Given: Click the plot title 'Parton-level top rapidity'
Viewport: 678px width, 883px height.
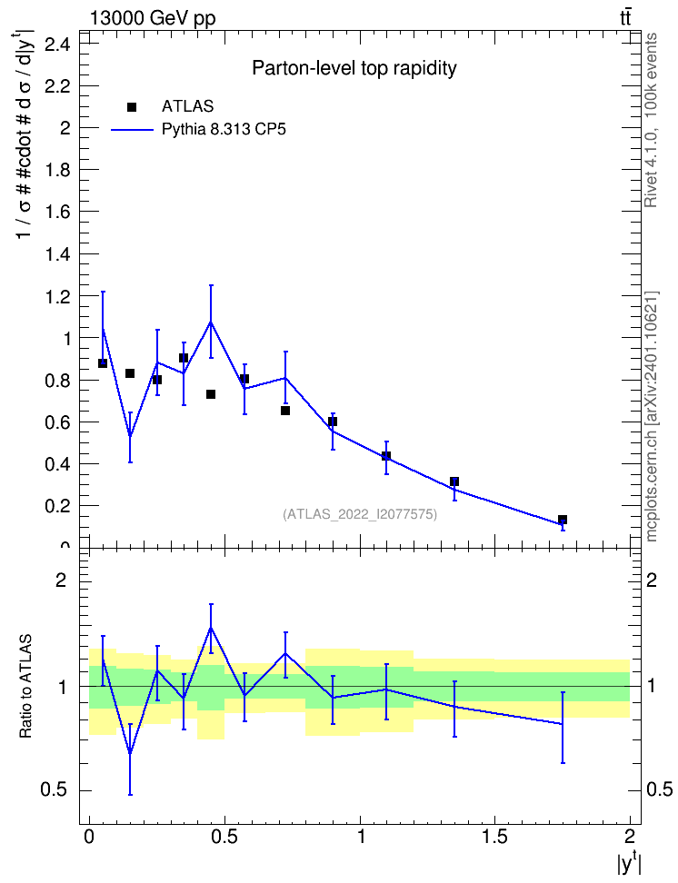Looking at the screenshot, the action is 354,69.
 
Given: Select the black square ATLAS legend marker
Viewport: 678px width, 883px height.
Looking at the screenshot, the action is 132,107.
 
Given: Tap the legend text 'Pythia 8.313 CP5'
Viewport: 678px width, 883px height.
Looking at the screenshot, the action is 224,130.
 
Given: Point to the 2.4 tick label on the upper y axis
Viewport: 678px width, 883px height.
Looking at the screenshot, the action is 57,44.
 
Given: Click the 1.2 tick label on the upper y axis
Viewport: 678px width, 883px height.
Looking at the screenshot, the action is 57,297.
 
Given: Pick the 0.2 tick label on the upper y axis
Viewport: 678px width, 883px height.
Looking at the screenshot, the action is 57,506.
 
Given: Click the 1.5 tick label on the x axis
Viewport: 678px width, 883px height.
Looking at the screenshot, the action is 494,836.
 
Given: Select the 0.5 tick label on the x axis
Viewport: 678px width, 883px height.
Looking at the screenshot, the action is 224,836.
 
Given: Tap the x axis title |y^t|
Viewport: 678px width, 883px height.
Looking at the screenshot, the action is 629,861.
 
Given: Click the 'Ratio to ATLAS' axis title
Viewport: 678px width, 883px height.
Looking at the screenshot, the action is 25,687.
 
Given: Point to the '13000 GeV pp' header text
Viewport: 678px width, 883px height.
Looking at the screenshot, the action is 153,18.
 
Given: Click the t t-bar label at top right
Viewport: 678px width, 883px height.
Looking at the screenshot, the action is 625,18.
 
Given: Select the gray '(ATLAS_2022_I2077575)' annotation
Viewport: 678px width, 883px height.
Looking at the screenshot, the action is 360,514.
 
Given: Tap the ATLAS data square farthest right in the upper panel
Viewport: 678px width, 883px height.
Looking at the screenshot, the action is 563,520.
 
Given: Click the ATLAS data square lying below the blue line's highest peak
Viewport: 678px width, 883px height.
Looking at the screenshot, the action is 211,394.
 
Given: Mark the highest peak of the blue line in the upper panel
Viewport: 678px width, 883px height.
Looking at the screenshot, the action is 211,322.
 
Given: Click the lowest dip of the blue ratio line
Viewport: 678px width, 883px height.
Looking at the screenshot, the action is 130,753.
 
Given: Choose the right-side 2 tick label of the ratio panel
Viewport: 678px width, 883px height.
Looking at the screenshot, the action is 652,580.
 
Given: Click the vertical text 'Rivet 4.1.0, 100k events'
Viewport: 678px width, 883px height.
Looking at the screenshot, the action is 651,120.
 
